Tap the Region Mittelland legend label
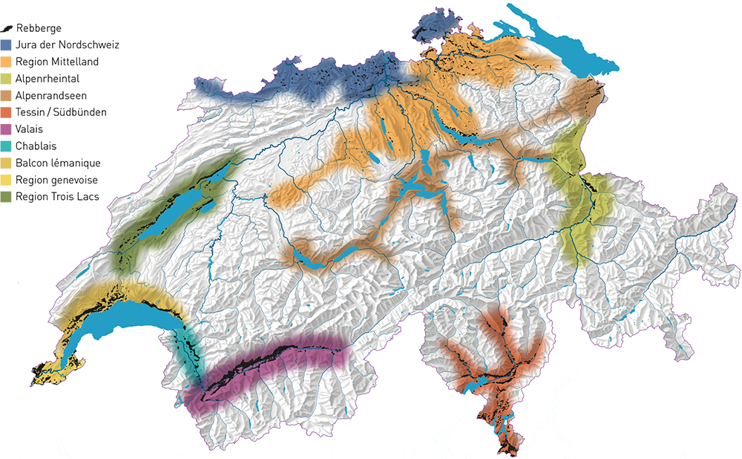coord(56,62)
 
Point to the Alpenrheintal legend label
coord(47,79)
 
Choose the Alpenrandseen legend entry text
coord(50,96)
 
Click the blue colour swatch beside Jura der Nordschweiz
coord(7,45)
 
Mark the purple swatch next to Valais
coord(7,129)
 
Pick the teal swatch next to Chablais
coord(7,146)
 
